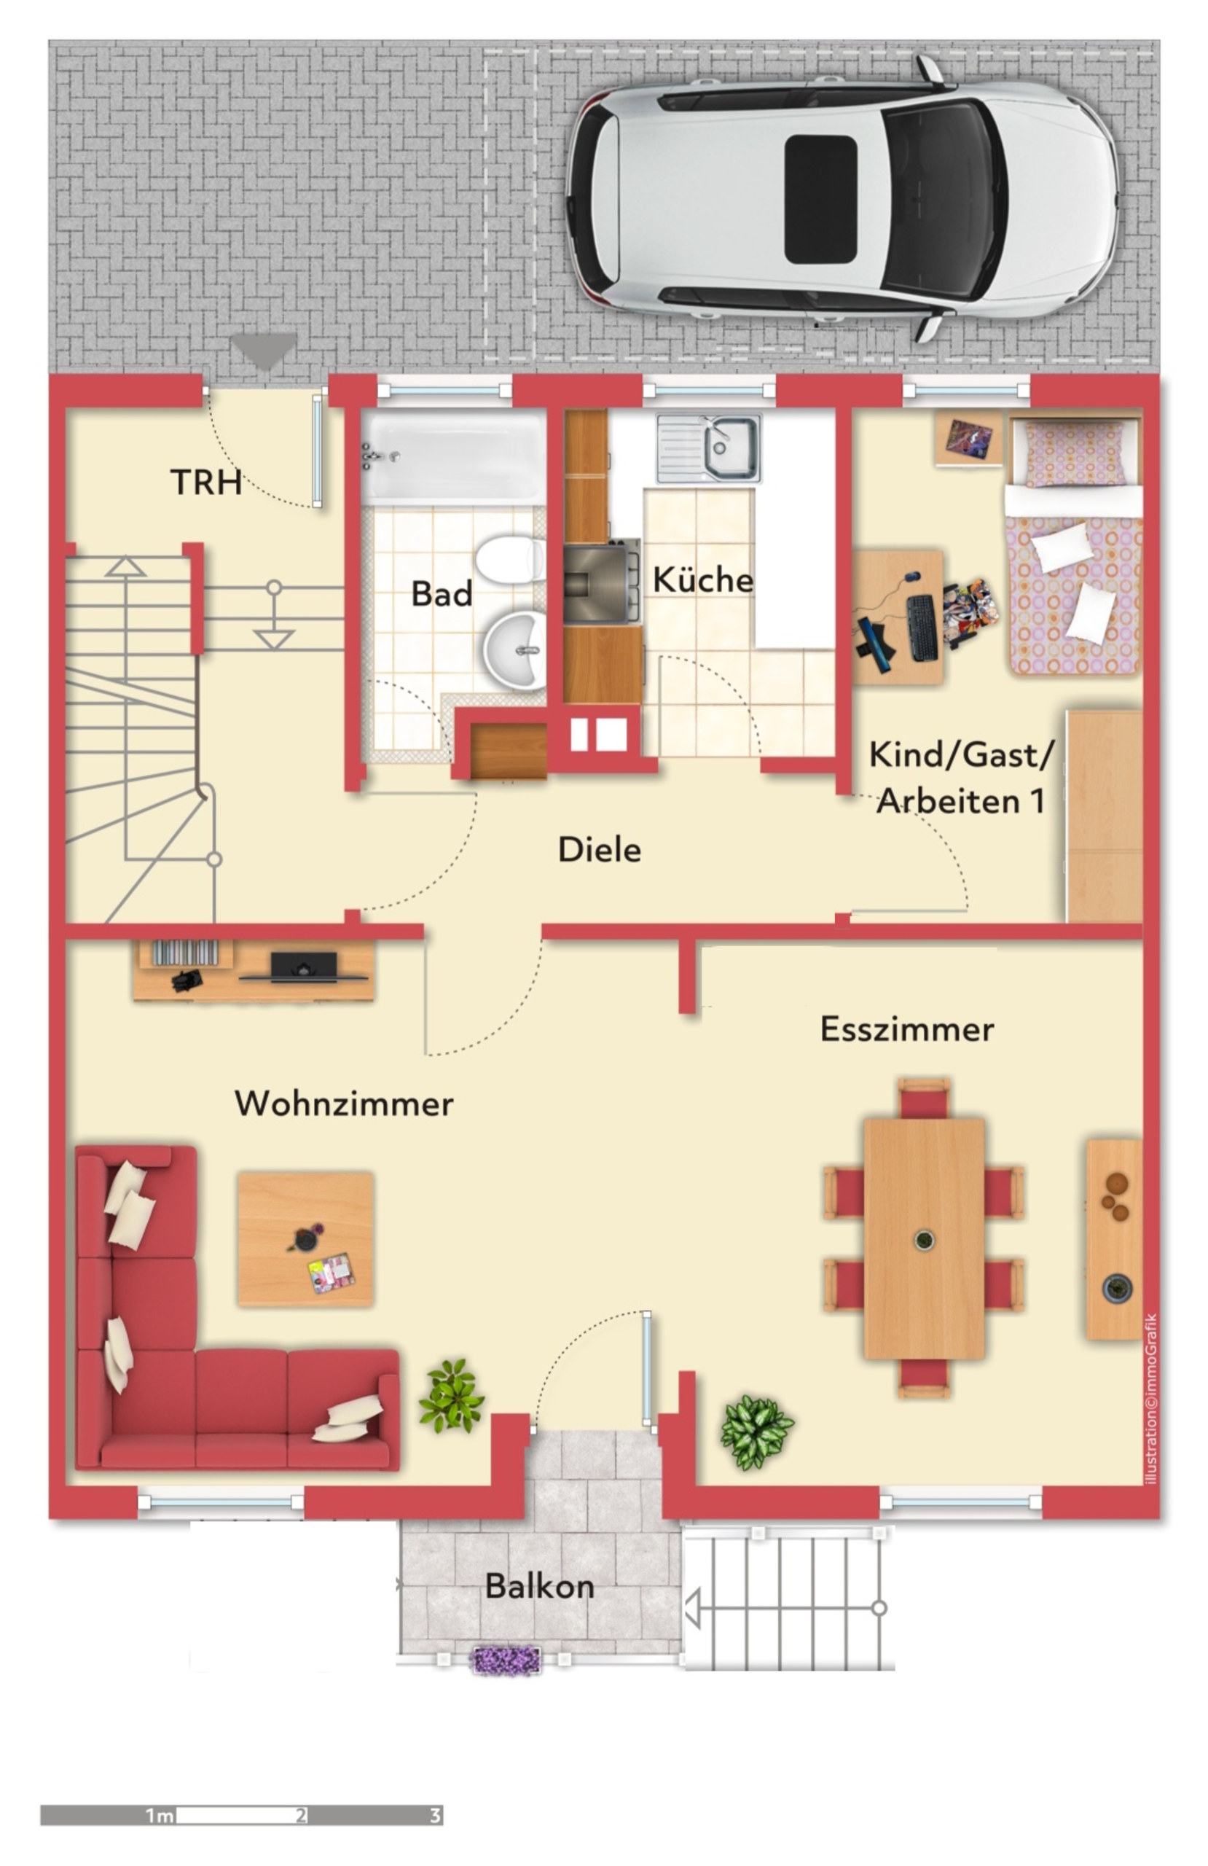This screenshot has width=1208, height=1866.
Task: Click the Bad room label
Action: coord(442,593)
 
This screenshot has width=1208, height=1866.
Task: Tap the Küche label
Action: coord(702,579)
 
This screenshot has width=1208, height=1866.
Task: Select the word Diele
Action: coord(599,850)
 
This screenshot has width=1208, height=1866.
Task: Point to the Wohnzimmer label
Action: coord(343,1104)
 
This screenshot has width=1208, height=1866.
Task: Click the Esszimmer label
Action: coord(906,1029)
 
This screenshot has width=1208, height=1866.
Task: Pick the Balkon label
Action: coord(539,1586)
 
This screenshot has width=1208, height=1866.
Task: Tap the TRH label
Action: coord(205,483)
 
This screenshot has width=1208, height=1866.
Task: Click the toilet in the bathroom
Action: coord(509,559)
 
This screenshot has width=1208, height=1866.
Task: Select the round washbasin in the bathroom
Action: coord(514,650)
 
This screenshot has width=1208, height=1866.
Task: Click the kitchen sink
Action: coord(709,448)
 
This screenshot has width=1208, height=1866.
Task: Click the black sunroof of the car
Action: coord(820,198)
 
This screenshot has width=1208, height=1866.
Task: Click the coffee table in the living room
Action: coord(305,1238)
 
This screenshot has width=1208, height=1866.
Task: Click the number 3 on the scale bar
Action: coord(434,1815)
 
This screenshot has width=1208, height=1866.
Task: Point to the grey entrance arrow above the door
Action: coord(264,351)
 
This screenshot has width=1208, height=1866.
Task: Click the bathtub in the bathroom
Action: coord(453,457)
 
